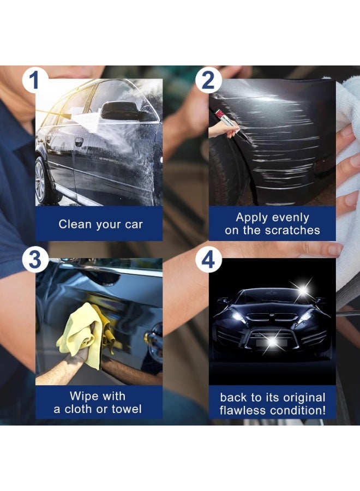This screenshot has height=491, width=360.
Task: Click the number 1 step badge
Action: click(x=35, y=80)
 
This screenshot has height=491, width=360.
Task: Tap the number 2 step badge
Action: click(x=208, y=80)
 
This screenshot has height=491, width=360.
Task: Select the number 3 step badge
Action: click(x=35, y=259)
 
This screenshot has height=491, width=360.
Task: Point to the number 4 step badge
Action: click(x=208, y=259)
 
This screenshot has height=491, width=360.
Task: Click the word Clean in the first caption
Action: click(x=75, y=224)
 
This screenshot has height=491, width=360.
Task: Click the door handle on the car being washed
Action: click(x=79, y=141)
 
